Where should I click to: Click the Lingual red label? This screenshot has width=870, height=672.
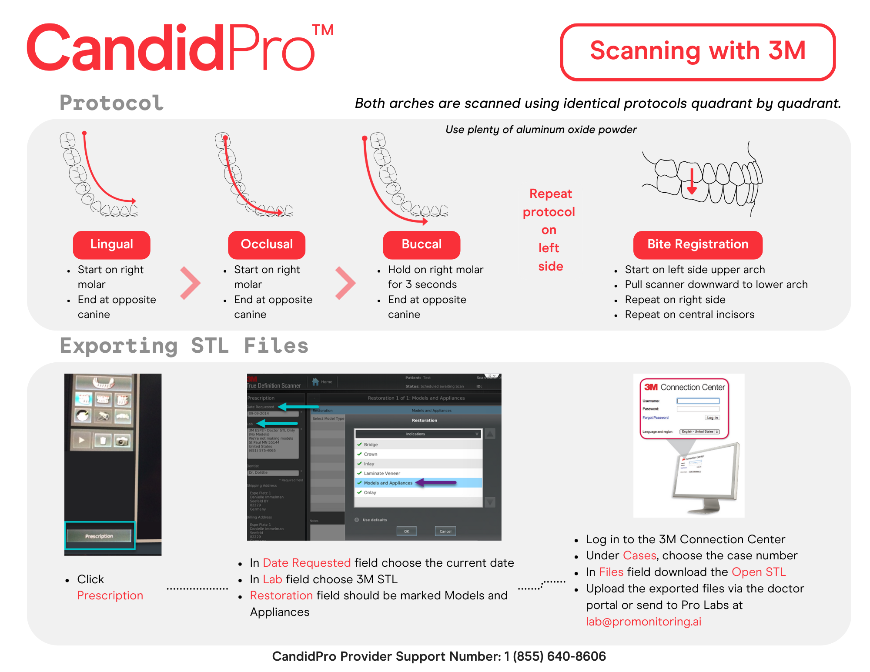[x=111, y=244]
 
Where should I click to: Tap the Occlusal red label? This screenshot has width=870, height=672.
[x=267, y=244]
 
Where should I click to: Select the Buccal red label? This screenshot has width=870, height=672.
[x=422, y=244]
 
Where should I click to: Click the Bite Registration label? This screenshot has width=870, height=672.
[x=698, y=244]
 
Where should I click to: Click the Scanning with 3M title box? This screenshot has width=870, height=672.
[x=698, y=52]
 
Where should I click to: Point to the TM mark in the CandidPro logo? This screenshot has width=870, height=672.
[x=323, y=30]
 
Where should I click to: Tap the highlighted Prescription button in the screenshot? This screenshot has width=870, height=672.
[x=100, y=536]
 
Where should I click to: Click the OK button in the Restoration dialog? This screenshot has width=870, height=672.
[x=406, y=531]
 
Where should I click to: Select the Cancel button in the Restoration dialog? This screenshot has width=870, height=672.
[x=445, y=531]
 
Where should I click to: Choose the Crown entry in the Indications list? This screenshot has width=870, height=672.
[x=371, y=454]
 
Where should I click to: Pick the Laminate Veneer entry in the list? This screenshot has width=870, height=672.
[x=381, y=473]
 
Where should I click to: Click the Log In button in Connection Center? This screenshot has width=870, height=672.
[x=712, y=418]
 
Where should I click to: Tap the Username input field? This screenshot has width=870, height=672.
[x=698, y=401]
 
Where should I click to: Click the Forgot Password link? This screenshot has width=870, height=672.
[x=655, y=418]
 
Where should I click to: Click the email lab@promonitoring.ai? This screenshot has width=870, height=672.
[x=643, y=622]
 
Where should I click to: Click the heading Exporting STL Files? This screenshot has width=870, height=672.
[x=184, y=346]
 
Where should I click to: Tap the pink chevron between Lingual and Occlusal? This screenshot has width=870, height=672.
[x=190, y=283]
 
